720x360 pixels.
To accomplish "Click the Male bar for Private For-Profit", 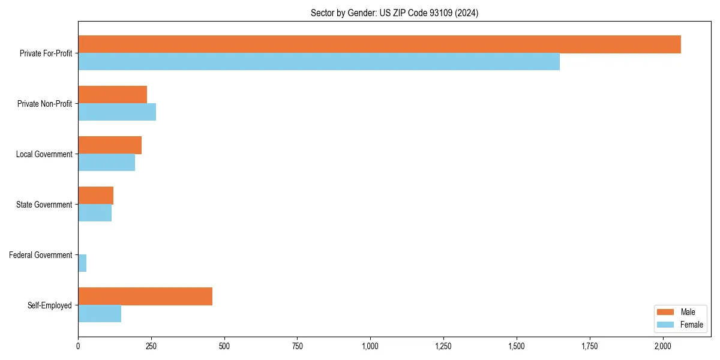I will (379, 44).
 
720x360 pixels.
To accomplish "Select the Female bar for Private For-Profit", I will (319, 62).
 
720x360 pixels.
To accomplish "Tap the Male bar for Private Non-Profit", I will (112, 95).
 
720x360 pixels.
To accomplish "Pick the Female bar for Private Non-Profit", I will (117, 112).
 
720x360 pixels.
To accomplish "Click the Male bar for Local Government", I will (110, 145).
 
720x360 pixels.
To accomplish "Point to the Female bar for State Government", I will (95, 213).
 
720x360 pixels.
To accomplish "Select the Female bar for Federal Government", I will (82, 263).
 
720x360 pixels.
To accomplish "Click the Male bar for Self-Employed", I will (145, 296).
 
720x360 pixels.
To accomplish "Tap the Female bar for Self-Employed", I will (100, 314).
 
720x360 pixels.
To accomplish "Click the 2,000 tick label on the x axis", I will (662, 346).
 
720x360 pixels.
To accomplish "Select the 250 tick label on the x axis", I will (151, 346).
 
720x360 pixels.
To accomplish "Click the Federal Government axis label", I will (41, 255).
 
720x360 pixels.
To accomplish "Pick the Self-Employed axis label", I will (50, 305).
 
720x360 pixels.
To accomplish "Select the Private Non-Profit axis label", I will (45, 104).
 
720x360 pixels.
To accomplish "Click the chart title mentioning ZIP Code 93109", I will (394, 13).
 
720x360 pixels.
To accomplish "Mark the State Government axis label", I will (44, 205).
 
